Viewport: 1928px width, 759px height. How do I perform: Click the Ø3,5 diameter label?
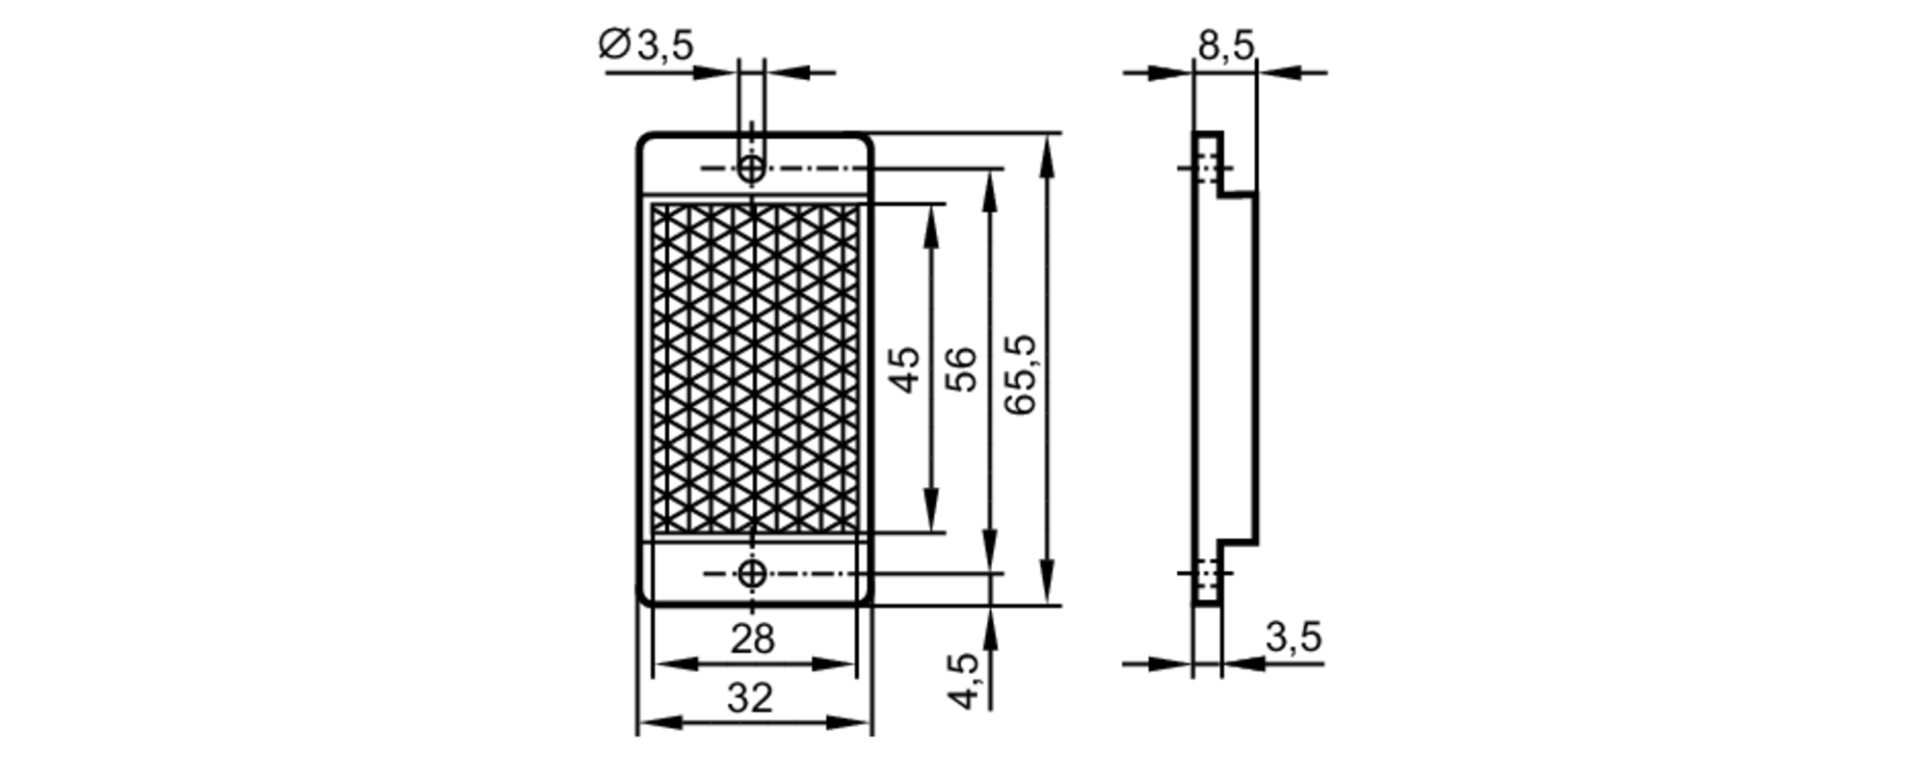point(645,44)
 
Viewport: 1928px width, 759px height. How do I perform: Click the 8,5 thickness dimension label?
point(1225,44)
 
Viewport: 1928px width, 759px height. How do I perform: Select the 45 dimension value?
point(904,370)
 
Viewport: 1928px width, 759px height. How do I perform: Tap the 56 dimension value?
point(961,370)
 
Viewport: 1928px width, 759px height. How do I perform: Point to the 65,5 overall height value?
point(1019,374)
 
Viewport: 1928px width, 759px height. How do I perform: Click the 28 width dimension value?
point(752,638)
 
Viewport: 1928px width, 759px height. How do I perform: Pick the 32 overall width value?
point(750,698)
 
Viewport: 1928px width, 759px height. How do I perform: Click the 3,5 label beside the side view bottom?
point(1293,637)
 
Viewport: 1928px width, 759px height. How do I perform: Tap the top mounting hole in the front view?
point(752,169)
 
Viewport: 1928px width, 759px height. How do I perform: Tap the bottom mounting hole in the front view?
point(752,574)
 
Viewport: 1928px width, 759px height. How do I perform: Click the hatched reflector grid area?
point(754,368)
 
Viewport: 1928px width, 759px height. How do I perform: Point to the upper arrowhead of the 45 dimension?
point(931,218)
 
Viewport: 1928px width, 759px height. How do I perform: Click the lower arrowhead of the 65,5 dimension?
point(1046,589)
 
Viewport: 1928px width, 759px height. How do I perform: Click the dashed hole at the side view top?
point(1207,168)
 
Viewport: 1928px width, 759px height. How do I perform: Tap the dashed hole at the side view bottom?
point(1207,574)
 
